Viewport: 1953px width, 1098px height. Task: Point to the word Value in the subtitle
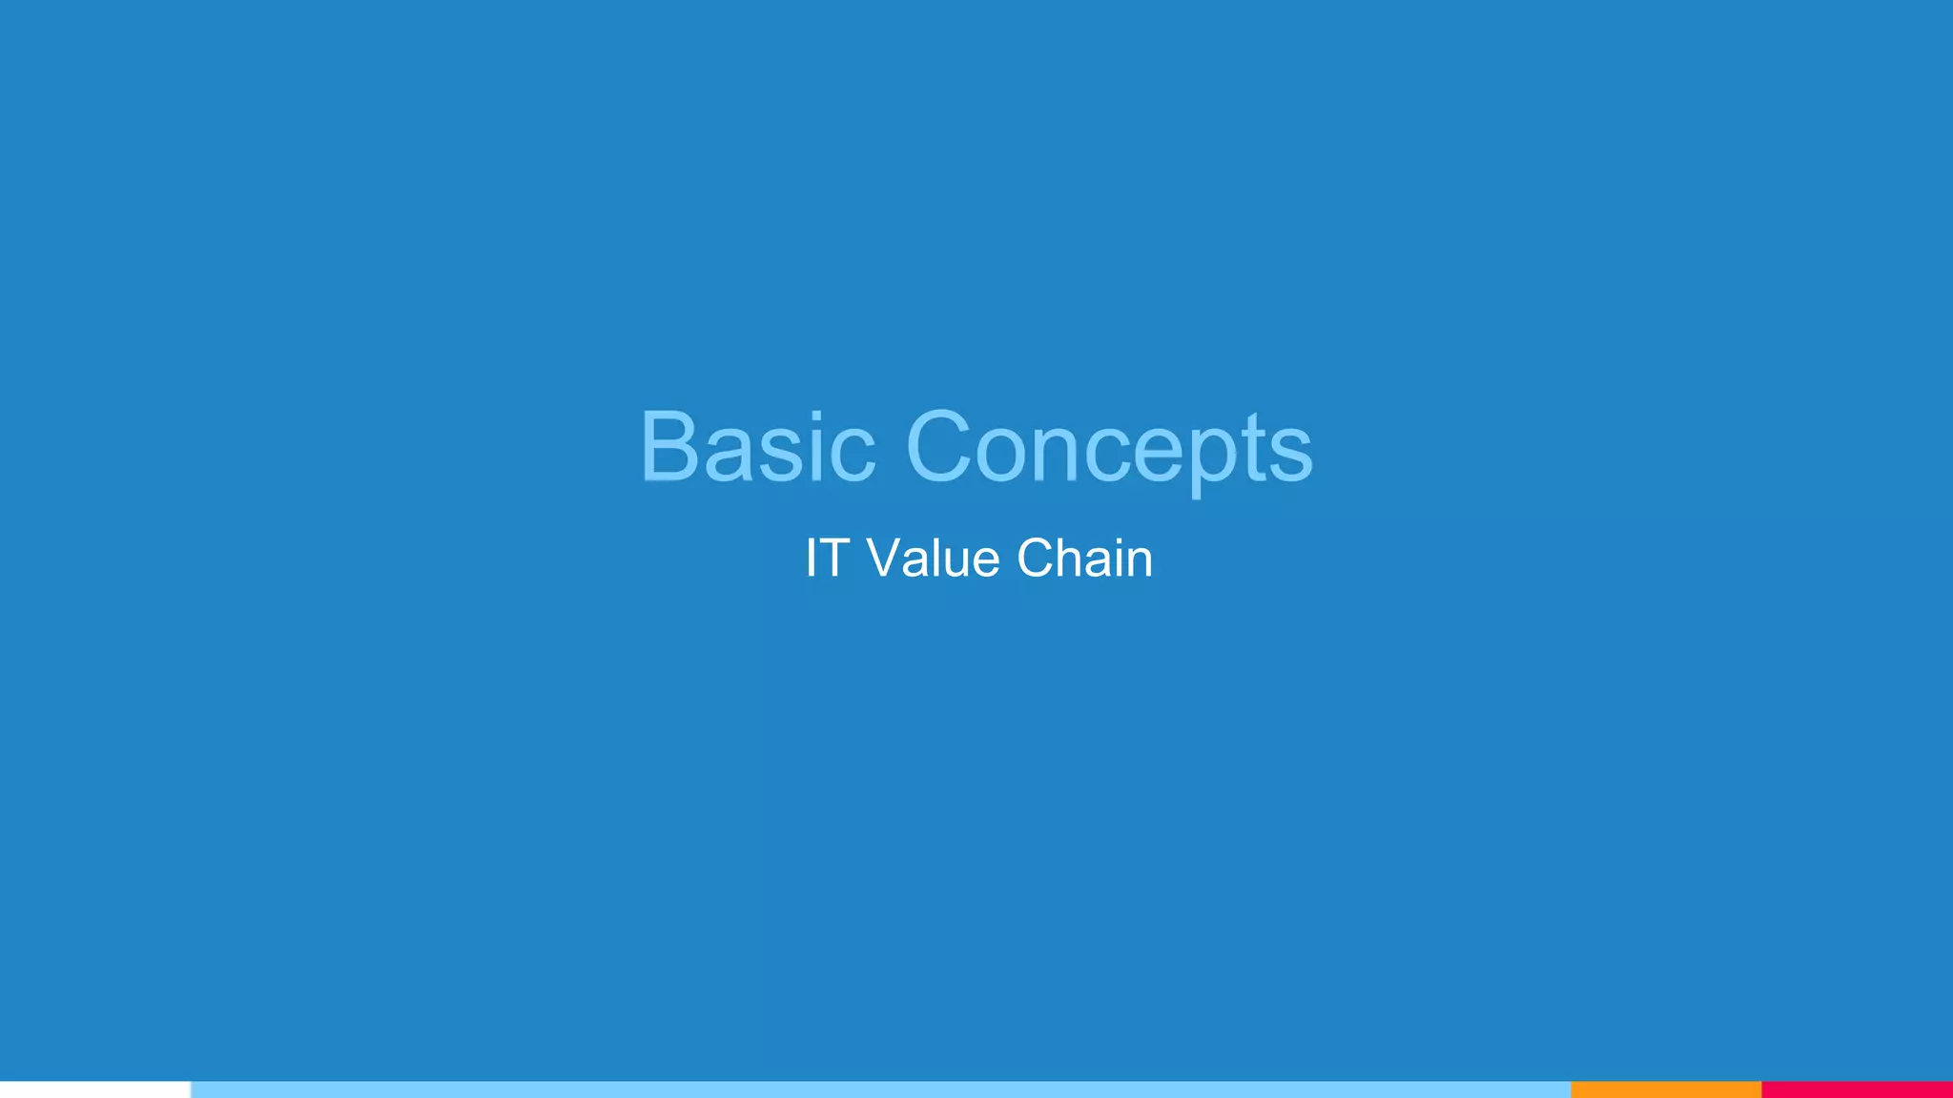(x=934, y=559)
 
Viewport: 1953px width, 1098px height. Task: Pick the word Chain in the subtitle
(x=1084, y=559)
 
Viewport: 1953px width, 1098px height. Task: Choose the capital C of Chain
(x=1038, y=559)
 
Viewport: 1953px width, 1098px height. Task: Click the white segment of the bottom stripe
(x=94, y=1089)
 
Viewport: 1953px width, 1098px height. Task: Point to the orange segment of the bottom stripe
(x=1665, y=1089)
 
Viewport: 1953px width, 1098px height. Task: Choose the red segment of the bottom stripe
(x=1857, y=1089)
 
